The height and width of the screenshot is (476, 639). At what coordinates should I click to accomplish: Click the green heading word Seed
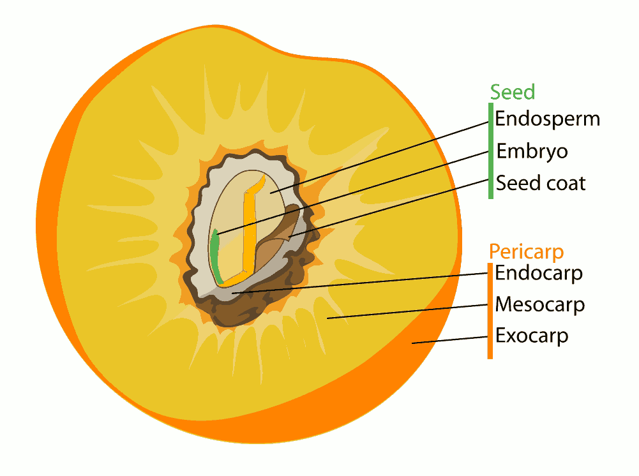(512, 93)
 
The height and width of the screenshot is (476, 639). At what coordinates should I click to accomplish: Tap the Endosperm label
(547, 119)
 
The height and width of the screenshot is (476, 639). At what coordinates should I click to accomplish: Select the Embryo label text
(532, 151)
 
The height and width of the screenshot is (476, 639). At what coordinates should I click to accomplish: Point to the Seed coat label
(541, 183)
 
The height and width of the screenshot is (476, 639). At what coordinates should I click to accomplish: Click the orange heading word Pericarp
(526, 251)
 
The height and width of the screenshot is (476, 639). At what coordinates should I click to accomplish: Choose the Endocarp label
(539, 273)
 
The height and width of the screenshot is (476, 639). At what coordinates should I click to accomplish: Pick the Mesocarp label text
(540, 304)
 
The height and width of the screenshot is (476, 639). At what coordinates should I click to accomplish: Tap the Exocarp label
(532, 336)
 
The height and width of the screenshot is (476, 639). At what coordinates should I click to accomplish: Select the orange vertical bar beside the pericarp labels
(490, 311)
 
